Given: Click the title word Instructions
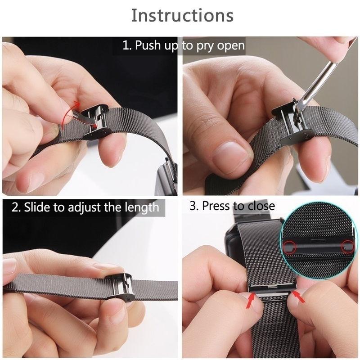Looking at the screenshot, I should [x=182, y=16].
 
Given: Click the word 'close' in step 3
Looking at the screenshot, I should [x=260, y=207].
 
